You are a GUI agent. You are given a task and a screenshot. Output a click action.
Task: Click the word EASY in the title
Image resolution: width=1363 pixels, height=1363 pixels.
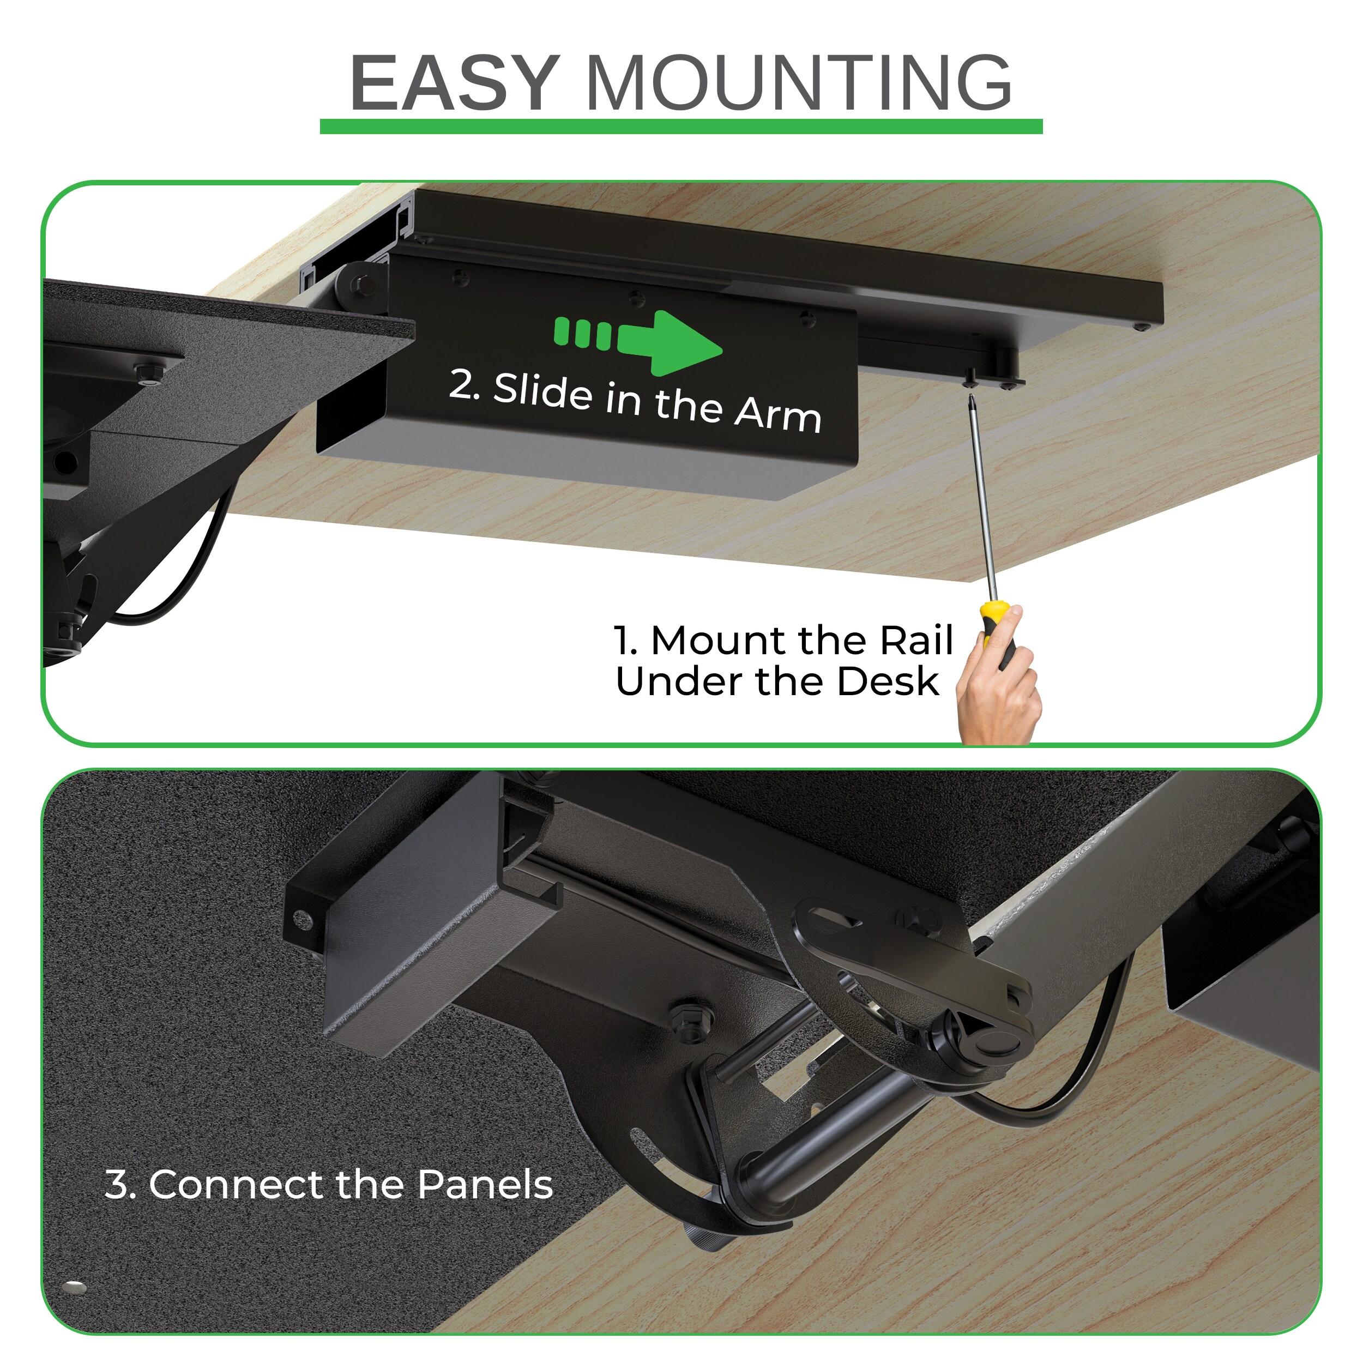tap(455, 83)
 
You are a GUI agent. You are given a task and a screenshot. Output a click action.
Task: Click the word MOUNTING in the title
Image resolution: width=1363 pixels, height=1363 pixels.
tap(799, 83)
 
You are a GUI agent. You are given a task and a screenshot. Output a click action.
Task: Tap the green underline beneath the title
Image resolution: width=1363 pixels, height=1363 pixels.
tap(681, 127)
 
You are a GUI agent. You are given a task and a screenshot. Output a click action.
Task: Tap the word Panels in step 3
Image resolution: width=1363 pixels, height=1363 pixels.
tap(485, 1185)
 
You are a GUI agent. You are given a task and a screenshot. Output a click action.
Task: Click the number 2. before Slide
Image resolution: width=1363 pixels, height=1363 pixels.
tap(463, 384)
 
